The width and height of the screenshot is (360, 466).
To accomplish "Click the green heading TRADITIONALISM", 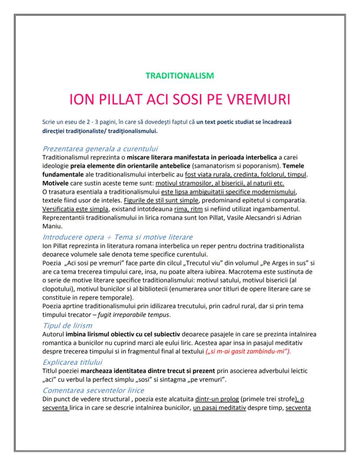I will [x=180, y=76].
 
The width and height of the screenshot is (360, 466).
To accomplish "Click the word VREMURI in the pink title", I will [x=250, y=99].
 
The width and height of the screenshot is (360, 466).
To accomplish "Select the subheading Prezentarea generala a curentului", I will [x=100, y=149].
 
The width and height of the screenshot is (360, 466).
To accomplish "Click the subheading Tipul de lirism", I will [x=67, y=326].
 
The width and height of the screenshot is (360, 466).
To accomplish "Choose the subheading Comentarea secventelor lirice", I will [x=93, y=390].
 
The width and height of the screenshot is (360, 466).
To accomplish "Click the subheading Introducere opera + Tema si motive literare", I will [x=117, y=237].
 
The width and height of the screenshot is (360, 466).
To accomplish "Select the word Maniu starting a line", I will [x=52, y=227].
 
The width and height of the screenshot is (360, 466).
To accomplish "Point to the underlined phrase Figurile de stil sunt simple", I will [x=161, y=201].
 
